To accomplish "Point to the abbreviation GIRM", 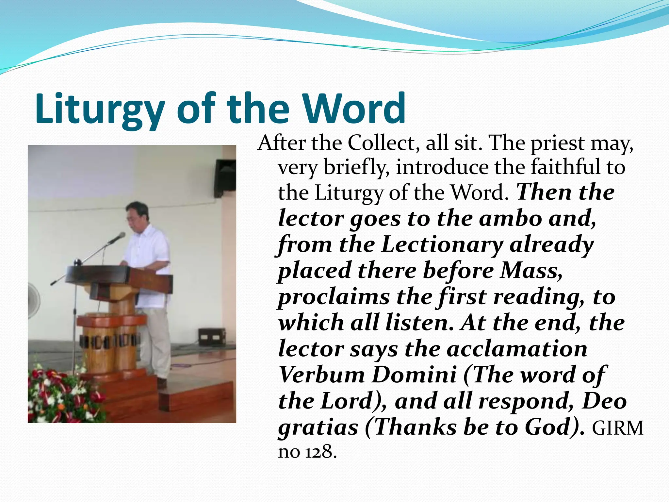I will coord(617,428).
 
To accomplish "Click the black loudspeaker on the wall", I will coord(225,178).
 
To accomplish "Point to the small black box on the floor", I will coord(212,337).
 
